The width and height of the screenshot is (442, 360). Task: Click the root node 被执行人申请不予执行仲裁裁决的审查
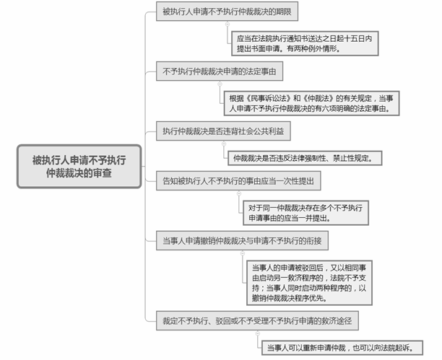click(79, 167)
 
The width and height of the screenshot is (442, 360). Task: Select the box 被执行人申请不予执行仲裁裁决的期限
click(227, 12)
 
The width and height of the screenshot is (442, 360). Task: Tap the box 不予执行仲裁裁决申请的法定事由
click(220, 71)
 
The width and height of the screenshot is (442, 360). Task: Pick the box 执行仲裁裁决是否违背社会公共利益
click(223, 131)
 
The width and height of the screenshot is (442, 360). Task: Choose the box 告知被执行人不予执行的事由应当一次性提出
click(238, 181)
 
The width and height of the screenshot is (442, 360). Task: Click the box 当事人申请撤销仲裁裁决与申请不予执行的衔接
click(242, 240)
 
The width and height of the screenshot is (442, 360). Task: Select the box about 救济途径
click(257, 320)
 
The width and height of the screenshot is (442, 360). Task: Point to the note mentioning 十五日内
click(305, 43)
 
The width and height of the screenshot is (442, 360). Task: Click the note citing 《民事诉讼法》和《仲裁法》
click(311, 103)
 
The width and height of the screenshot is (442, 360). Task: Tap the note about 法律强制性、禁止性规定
click(305, 158)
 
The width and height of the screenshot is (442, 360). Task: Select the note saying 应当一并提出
click(305, 213)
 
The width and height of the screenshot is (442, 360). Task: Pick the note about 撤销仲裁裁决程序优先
click(309, 283)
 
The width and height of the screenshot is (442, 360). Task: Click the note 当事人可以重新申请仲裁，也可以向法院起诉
click(342, 348)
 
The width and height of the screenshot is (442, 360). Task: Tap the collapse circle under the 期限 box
click(227, 25)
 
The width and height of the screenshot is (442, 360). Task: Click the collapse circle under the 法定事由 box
click(220, 84)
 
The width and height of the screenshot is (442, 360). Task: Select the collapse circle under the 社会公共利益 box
click(224, 144)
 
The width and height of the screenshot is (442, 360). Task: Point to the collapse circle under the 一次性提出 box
click(239, 194)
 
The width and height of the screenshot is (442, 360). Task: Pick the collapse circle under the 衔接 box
click(243, 253)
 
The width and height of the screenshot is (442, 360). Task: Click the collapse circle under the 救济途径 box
click(258, 333)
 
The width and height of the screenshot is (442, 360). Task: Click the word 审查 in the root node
click(103, 173)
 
